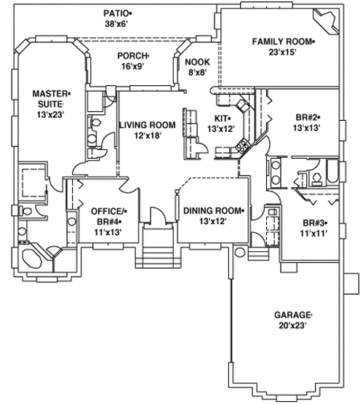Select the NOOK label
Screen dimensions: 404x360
point(196,62)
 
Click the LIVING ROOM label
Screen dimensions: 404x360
point(148,125)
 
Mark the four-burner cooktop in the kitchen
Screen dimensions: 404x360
point(228,151)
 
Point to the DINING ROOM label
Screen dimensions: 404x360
point(212,211)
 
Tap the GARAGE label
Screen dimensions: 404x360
point(292,314)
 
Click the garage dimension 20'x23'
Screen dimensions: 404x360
point(291,325)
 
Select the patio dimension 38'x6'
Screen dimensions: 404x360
point(116,24)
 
